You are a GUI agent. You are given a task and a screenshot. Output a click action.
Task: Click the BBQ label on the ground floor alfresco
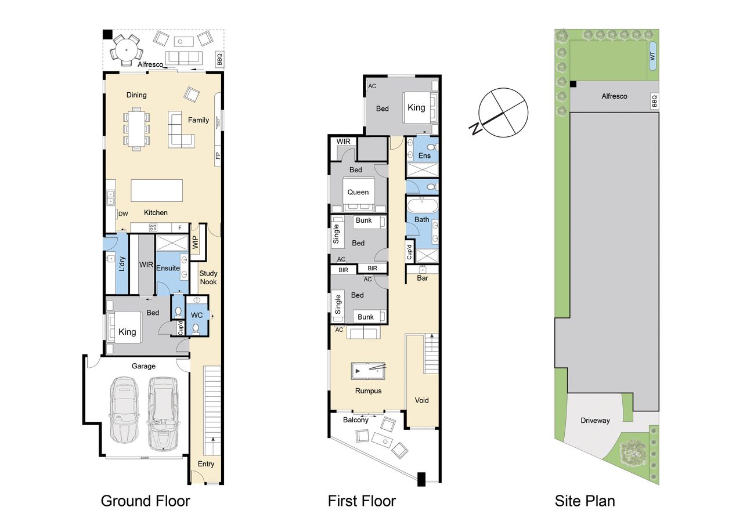click(x=219, y=60)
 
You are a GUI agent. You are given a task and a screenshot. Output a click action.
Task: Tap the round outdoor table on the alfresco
click(x=127, y=50)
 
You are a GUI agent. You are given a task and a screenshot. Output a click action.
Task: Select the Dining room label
click(x=136, y=95)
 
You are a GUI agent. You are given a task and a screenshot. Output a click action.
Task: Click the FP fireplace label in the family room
click(x=218, y=155)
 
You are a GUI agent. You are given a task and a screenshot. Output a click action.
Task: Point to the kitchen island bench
click(x=157, y=190)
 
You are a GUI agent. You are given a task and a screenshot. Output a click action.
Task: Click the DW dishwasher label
click(x=123, y=214)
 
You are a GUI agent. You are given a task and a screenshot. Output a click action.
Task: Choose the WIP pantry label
click(x=196, y=242)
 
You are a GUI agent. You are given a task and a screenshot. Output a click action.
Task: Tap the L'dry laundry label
click(x=122, y=264)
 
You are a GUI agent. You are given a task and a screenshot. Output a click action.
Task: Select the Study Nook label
click(x=208, y=278)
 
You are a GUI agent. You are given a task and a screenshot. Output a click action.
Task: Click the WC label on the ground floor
click(x=197, y=315)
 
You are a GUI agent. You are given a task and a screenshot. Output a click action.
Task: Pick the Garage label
click(x=143, y=366)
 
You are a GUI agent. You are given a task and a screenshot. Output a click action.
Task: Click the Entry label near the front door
click(x=206, y=464)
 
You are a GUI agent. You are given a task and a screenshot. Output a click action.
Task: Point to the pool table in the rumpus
click(x=368, y=371)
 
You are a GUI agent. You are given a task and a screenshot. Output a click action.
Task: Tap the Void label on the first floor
click(x=421, y=400)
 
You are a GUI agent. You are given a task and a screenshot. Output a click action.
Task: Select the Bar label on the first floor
click(x=422, y=278)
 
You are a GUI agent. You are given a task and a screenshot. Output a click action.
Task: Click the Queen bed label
click(x=358, y=192)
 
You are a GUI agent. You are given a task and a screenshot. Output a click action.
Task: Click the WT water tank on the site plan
click(x=652, y=56)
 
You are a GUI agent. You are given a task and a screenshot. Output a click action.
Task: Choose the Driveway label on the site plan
click(x=595, y=421)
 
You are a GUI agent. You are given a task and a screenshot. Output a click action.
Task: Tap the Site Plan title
click(x=585, y=501)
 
